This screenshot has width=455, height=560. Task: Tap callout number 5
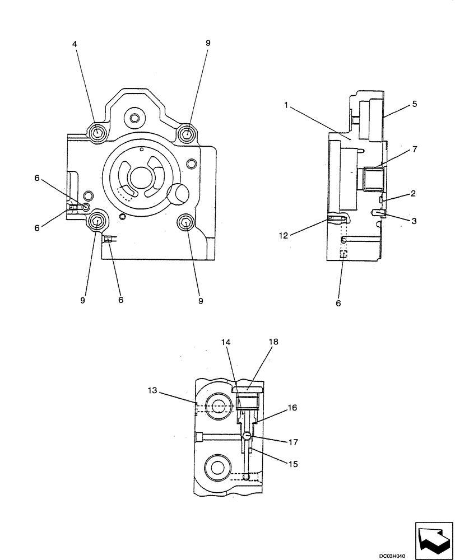coord(414,104)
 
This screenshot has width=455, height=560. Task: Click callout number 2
coord(412,194)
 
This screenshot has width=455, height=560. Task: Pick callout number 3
coord(414,221)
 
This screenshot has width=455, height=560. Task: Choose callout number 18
coord(273,341)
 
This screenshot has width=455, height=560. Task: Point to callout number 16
coord(293,408)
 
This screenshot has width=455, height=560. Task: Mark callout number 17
coord(293,442)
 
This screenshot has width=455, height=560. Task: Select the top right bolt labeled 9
coord(187,133)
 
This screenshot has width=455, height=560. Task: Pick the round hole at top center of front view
coord(134,118)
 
